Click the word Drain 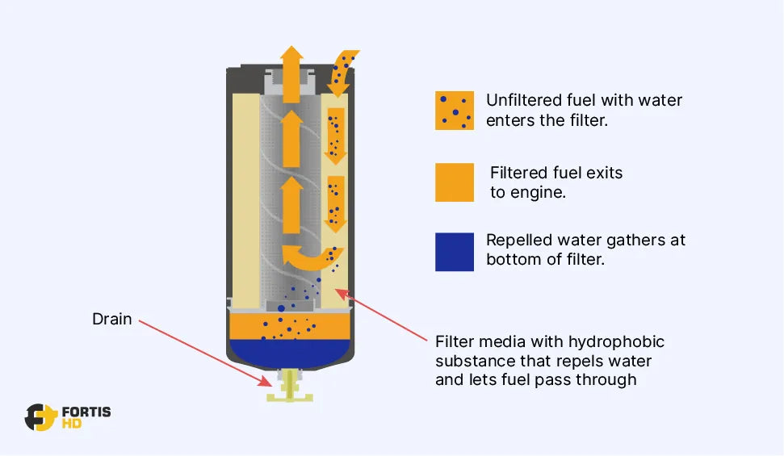pyautogui.click(x=111, y=319)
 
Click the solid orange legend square pyautogui.click(x=454, y=182)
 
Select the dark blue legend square pyautogui.click(x=454, y=252)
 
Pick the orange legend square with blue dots pyautogui.click(x=454, y=111)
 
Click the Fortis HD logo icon pyautogui.click(x=40, y=416)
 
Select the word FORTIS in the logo pyautogui.click(x=86, y=412)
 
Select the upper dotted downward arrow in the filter pyautogui.click(x=335, y=134)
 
